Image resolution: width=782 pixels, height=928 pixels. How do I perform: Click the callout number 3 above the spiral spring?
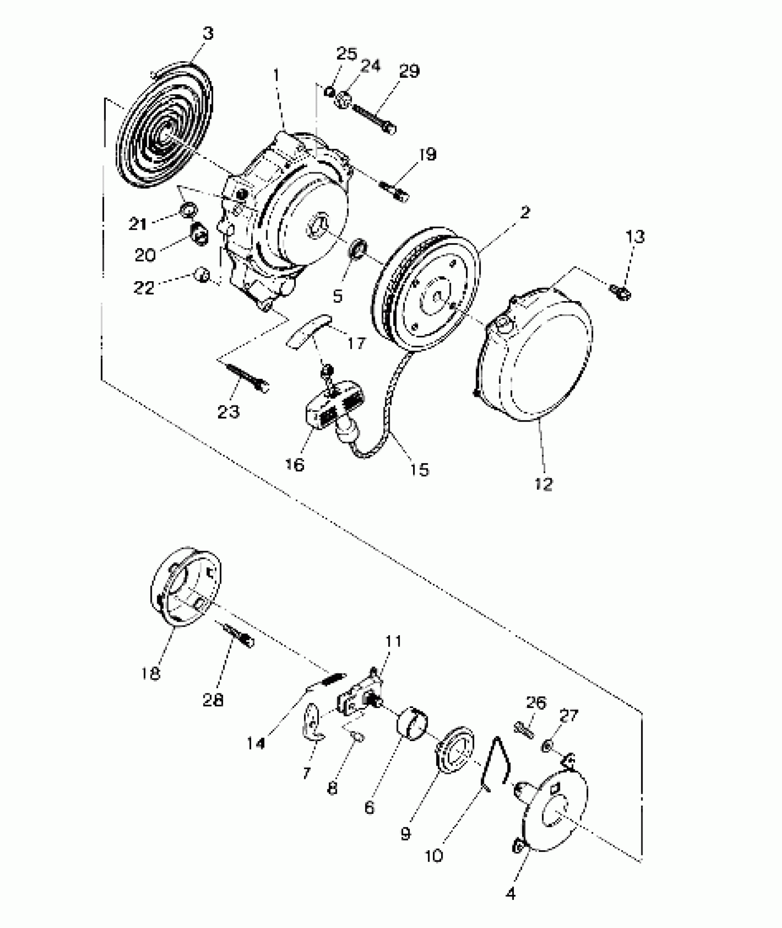tap(208, 34)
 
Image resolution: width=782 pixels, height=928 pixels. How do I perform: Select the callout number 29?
tap(408, 71)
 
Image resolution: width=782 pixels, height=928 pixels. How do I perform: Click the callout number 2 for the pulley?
tap(524, 213)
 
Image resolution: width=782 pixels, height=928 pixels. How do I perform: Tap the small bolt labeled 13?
tap(621, 292)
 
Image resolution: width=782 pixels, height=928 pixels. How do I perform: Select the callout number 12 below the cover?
tap(544, 484)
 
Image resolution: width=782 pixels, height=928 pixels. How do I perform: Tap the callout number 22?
tap(144, 288)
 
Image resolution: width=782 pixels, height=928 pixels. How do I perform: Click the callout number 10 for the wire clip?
tap(434, 855)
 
